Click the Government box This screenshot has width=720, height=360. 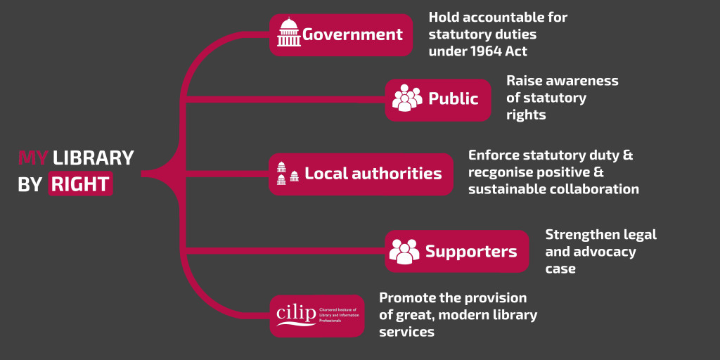pos(341,34)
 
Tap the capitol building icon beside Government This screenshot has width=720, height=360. pos(288,33)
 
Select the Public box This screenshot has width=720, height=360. pos(437,99)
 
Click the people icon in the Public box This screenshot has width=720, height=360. pos(407,98)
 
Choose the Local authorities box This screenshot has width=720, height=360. pos(361,174)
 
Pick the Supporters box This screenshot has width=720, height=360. pos(456,251)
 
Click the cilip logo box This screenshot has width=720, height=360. pos(316,315)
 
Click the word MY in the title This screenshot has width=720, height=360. pos(32,157)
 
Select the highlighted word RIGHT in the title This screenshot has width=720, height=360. pos(80,184)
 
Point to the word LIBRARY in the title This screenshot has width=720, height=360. pos(93,157)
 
